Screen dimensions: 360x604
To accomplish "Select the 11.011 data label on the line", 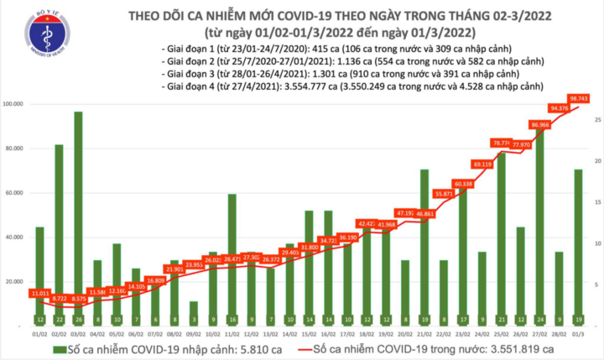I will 40,293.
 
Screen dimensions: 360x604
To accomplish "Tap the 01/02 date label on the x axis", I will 39,334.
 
